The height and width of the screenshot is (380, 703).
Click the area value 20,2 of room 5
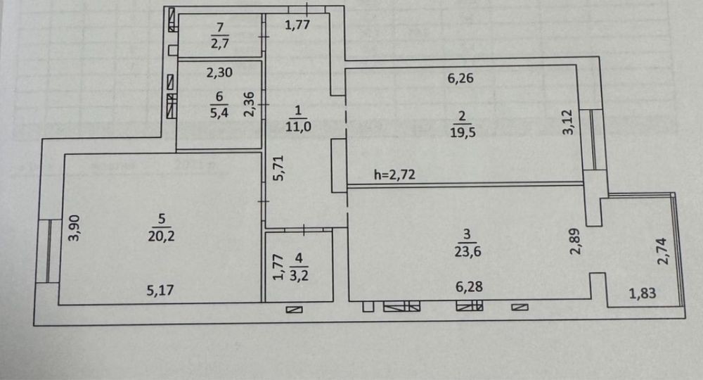point(162,236)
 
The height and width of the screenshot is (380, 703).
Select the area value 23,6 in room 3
point(467,251)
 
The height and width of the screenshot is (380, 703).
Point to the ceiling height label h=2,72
point(394,175)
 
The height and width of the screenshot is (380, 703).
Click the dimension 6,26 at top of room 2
point(460,78)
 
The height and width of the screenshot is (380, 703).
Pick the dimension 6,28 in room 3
point(469,286)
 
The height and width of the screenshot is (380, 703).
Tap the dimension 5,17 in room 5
point(160,290)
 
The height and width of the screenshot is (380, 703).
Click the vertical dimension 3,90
point(75,228)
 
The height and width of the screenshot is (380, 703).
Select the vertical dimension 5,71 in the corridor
point(279,167)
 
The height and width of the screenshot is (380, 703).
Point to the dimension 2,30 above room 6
point(219,72)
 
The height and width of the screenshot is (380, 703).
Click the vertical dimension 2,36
point(250,105)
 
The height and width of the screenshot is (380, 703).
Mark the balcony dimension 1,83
point(643,293)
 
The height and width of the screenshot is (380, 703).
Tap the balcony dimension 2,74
point(662,251)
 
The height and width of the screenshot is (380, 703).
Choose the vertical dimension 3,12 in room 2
point(567,122)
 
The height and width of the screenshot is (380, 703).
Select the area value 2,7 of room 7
point(219,44)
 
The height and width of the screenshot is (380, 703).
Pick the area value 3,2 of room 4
point(299,275)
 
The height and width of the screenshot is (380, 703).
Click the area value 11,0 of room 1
point(298,126)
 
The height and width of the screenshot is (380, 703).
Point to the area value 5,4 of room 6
point(219,112)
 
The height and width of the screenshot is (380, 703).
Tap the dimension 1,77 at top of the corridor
point(297,24)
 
